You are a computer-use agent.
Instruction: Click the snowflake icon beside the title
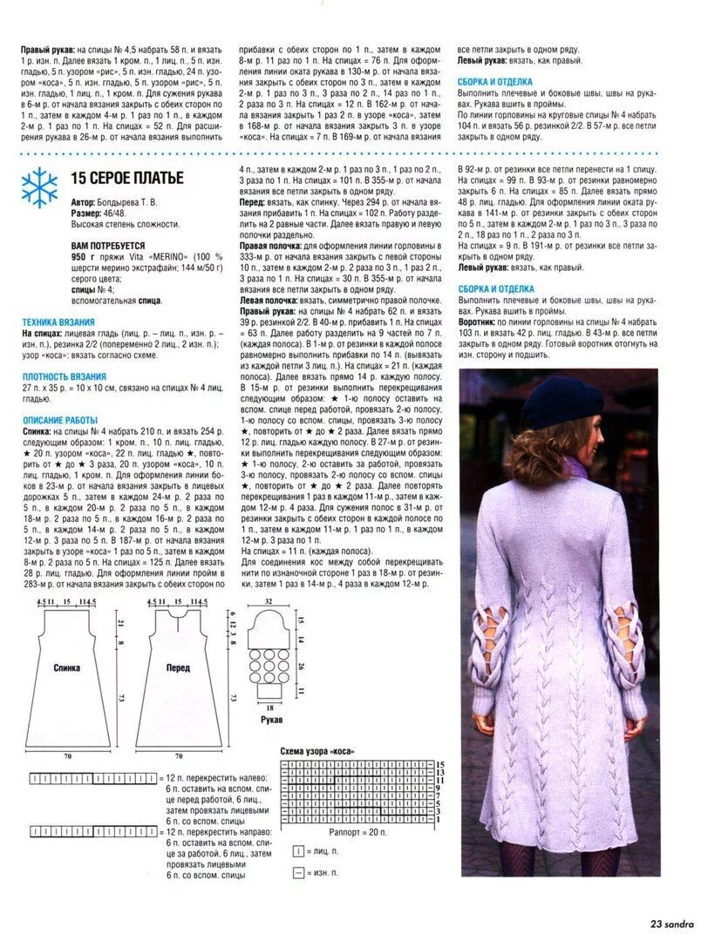click(x=39, y=186)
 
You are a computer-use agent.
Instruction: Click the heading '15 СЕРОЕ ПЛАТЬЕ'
click(x=127, y=179)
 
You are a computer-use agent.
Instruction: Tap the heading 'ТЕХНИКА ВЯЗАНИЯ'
click(x=60, y=321)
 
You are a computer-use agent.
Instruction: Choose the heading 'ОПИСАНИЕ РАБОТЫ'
click(x=60, y=419)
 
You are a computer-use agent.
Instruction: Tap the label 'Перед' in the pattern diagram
click(x=179, y=668)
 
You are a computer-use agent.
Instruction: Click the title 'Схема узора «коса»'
click(x=317, y=750)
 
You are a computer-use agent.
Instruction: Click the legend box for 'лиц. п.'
click(x=298, y=850)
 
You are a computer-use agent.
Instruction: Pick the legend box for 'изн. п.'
click(x=298, y=872)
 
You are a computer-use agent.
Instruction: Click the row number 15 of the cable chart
click(x=441, y=762)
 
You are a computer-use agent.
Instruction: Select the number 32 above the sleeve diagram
click(x=270, y=602)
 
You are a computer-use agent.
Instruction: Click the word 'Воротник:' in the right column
click(x=480, y=322)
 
